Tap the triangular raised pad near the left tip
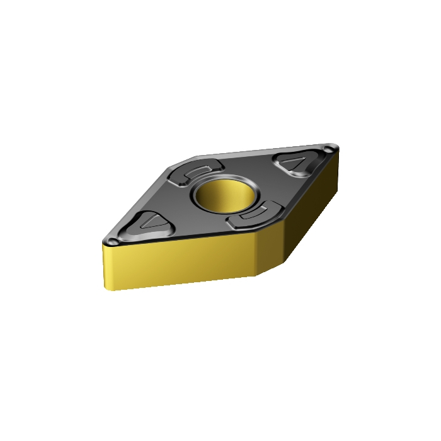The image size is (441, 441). tap(149, 223)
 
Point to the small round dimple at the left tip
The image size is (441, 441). tap(112, 242)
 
